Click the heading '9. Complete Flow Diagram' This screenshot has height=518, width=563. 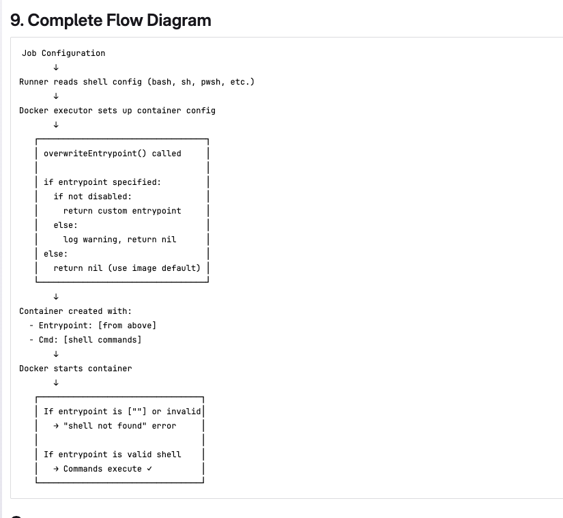click(111, 20)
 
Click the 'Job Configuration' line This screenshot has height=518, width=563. click(63, 53)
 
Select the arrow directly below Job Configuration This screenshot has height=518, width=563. click(55, 67)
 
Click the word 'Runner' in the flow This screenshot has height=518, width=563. click(33, 82)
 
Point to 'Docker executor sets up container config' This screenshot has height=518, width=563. click(117, 111)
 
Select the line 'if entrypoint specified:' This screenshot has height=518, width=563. click(102, 182)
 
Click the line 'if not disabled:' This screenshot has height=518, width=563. click(93, 197)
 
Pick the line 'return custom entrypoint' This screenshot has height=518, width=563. click(122, 211)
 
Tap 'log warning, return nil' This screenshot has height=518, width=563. click(119, 240)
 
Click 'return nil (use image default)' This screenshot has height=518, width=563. click(127, 268)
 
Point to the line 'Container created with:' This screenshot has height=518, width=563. click(75, 311)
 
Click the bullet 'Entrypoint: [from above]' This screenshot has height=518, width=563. click(97, 326)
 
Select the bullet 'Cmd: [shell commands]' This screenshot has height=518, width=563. click(90, 340)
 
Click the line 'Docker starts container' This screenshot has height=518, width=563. click(76, 369)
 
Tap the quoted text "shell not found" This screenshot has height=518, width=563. click(105, 426)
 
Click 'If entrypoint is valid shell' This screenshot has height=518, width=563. click(113, 455)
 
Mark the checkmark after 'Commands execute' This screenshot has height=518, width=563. click(149, 469)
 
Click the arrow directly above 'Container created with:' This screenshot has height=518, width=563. click(55, 297)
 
